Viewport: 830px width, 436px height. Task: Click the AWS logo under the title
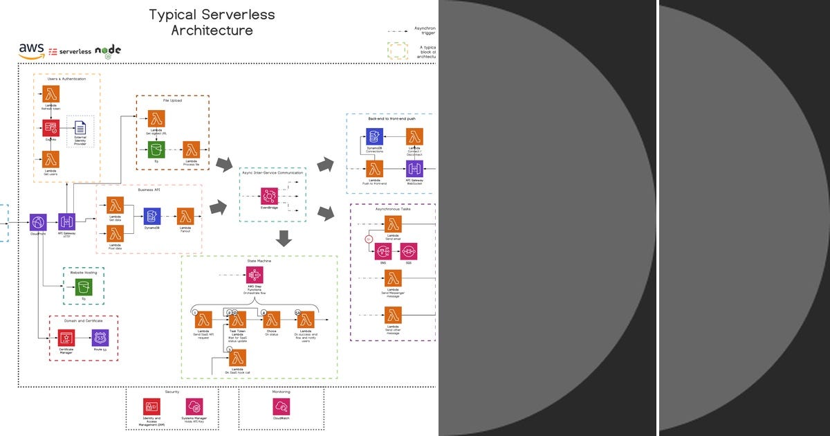(x=32, y=51)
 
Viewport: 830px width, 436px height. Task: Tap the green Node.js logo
(x=108, y=51)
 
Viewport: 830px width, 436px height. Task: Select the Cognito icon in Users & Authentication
(x=51, y=128)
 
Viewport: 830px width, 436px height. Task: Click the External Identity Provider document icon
(x=80, y=128)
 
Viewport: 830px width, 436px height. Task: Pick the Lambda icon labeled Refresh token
(x=51, y=94)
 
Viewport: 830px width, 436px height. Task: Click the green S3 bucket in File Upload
(x=157, y=149)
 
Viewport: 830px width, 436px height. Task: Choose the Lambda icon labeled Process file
(x=192, y=149)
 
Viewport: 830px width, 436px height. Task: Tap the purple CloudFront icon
(x=38, y=222)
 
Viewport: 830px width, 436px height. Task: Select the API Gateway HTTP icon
(x=67, y=222)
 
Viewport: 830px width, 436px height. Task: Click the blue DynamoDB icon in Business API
(x=152, y=216)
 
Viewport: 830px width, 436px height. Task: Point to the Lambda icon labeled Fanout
(x=185, y=216)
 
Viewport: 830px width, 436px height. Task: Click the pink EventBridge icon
(x=269, y=195)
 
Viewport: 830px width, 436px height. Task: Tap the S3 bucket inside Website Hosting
(x=84, y=288)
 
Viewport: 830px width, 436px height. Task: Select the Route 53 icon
(x=100, y=338)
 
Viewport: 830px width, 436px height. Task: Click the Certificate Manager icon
(x=66, y=338)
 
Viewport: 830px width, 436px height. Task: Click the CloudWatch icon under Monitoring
(x=281, y=406)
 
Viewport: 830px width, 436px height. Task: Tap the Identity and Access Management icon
(x=151, y=406)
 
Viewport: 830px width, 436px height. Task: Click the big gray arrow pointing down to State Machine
(x=284, y=239)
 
